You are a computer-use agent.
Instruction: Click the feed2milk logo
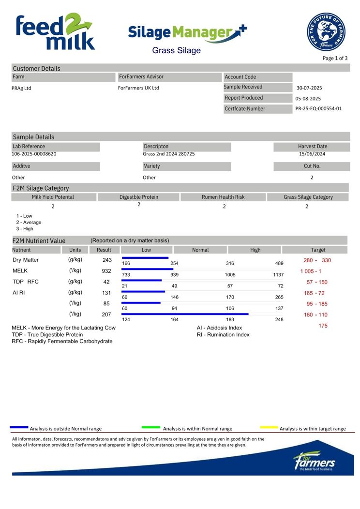coord(54,32)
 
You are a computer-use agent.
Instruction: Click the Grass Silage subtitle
coord(176,50)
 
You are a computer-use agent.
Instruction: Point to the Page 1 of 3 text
coord(335,58)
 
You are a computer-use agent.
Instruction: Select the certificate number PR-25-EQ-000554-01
coord(318,108)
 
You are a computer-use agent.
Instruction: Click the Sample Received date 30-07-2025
coord(309,88)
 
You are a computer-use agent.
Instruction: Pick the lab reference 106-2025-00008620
coord(34,154)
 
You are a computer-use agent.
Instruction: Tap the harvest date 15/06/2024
coord(312,154)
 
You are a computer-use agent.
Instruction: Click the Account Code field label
coord(240,77)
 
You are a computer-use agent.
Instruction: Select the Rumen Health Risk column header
coord(224,197)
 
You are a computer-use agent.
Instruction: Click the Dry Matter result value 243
coord(107,260)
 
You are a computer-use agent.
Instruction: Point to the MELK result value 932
coord(106,271)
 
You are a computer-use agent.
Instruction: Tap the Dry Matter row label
coord(26,260)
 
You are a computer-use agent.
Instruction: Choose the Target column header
coord(318,250)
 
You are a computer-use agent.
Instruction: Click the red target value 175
coord(323,326)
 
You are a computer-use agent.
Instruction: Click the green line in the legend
coord(150,427)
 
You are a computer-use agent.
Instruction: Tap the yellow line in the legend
coord(269,427)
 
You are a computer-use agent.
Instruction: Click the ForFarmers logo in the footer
coord(314,461)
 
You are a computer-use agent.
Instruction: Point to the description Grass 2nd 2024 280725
coord(169,154)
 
